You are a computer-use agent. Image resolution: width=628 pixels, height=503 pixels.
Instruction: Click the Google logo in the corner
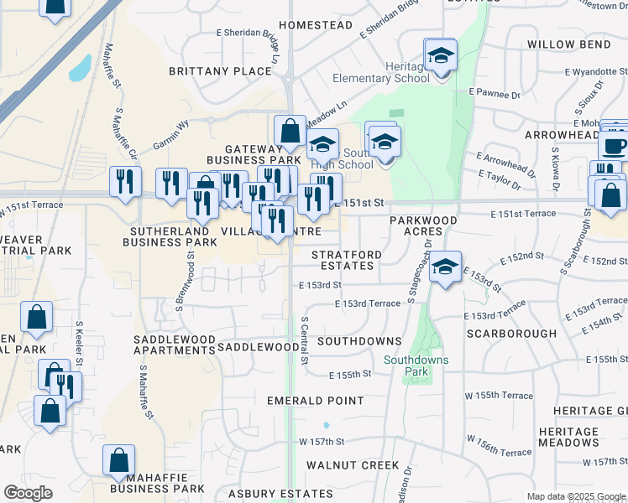29,493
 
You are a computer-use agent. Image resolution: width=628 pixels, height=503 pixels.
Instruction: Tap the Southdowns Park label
416,366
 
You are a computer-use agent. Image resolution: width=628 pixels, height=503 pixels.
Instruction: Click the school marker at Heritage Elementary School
440,58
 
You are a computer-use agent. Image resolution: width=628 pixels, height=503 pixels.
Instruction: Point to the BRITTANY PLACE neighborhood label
220,71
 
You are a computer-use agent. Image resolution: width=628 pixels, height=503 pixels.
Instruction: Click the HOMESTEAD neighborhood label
316,25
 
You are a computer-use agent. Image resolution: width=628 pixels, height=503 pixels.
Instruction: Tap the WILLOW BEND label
568,44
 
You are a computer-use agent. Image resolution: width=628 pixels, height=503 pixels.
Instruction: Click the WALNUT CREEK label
353,464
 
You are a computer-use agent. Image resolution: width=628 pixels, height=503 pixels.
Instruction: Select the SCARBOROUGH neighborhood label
511,333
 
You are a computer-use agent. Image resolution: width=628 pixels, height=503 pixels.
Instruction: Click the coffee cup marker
614,146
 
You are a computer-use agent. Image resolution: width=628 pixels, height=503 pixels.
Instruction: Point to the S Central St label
304,341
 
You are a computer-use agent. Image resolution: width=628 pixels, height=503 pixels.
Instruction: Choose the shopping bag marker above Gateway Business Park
290,132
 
